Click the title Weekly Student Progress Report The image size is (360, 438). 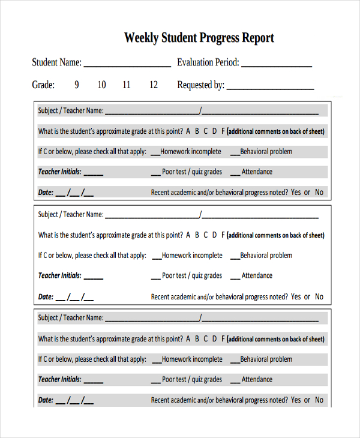click(x=199, y=38)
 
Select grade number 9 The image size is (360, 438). click(x=77, y=85)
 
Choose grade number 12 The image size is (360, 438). click(x=154, y=85)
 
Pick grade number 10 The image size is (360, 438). click(x=102, y=85)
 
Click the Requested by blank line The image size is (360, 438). click(x=270, y=88)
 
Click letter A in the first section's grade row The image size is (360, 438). click(x=188, y=131)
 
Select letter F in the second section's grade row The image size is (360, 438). click(x=223, y=235)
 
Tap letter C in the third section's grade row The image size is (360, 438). click(x=206, y=339)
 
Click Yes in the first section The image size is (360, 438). click(x=296, y=193)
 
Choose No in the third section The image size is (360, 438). click(x=319, y=400)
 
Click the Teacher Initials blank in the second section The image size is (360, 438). click(x=94, y=278)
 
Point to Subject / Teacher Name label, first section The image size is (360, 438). click(x=71, y=111)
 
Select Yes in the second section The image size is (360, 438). click(x=296, y=296)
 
